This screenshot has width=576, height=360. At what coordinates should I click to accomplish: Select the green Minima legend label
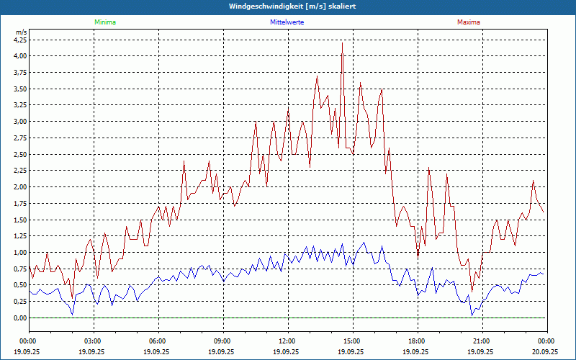pyautogui.click(x=104, y=22)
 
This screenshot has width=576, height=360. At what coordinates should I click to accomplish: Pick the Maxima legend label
pyautogui.click(x=468, y=22)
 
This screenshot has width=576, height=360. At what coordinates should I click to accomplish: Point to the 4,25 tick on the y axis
pyautogui.click(x=20, y=40)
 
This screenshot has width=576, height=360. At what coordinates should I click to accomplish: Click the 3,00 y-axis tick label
pyautogui.click(x=20, y=121)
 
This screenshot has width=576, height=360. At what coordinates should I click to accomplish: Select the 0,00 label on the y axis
pyautogui.click(x=20, y=318)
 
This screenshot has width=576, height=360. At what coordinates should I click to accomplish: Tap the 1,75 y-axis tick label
pyautogui.click(x=20, y=203)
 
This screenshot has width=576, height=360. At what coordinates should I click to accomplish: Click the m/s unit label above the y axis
pyautogui.click(x=21, y=32)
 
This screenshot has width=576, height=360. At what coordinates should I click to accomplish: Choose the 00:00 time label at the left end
pyautogui.click(x=28, y=341)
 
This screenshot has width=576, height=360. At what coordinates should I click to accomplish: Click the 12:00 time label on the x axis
pyautogui.click(x=287, y=341)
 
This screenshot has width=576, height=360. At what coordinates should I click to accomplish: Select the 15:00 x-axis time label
pyautogui.click(x=352, y=341)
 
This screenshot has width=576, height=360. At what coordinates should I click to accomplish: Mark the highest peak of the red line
pyautogui.click(x=342, y=43)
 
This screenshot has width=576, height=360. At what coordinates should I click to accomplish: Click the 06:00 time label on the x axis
pyautogui.click(x=158, y=341)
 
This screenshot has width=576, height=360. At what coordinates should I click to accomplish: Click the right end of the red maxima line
pyautogui.click(x=544, y=212)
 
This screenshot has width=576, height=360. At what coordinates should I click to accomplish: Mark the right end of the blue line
pyautogui.click(x=544, y=274)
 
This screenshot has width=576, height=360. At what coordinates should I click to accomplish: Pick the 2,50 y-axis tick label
pyautogui.click(x=20, y=154)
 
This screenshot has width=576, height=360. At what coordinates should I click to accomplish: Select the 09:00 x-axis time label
pyautogui.click(x=222, y=341)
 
